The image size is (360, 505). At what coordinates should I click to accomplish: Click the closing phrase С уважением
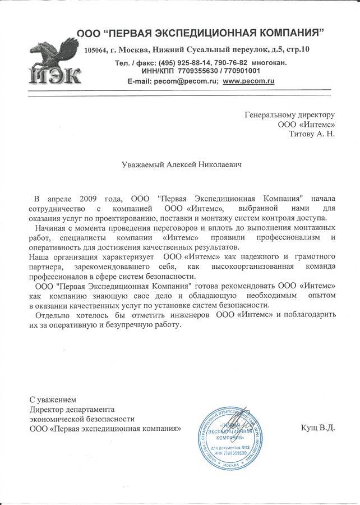pyautogui.click(x=52, y=400)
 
